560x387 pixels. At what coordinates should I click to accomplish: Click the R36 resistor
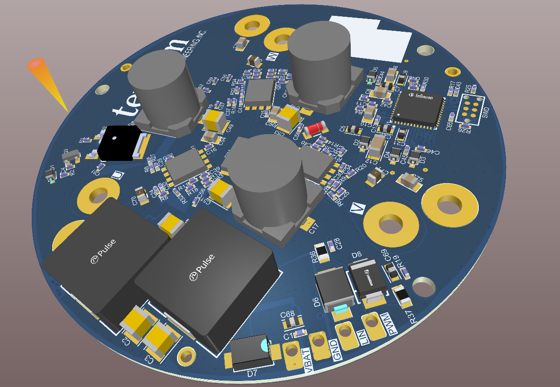click(322, 252)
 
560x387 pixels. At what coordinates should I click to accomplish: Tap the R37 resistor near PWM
click(402, 295)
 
